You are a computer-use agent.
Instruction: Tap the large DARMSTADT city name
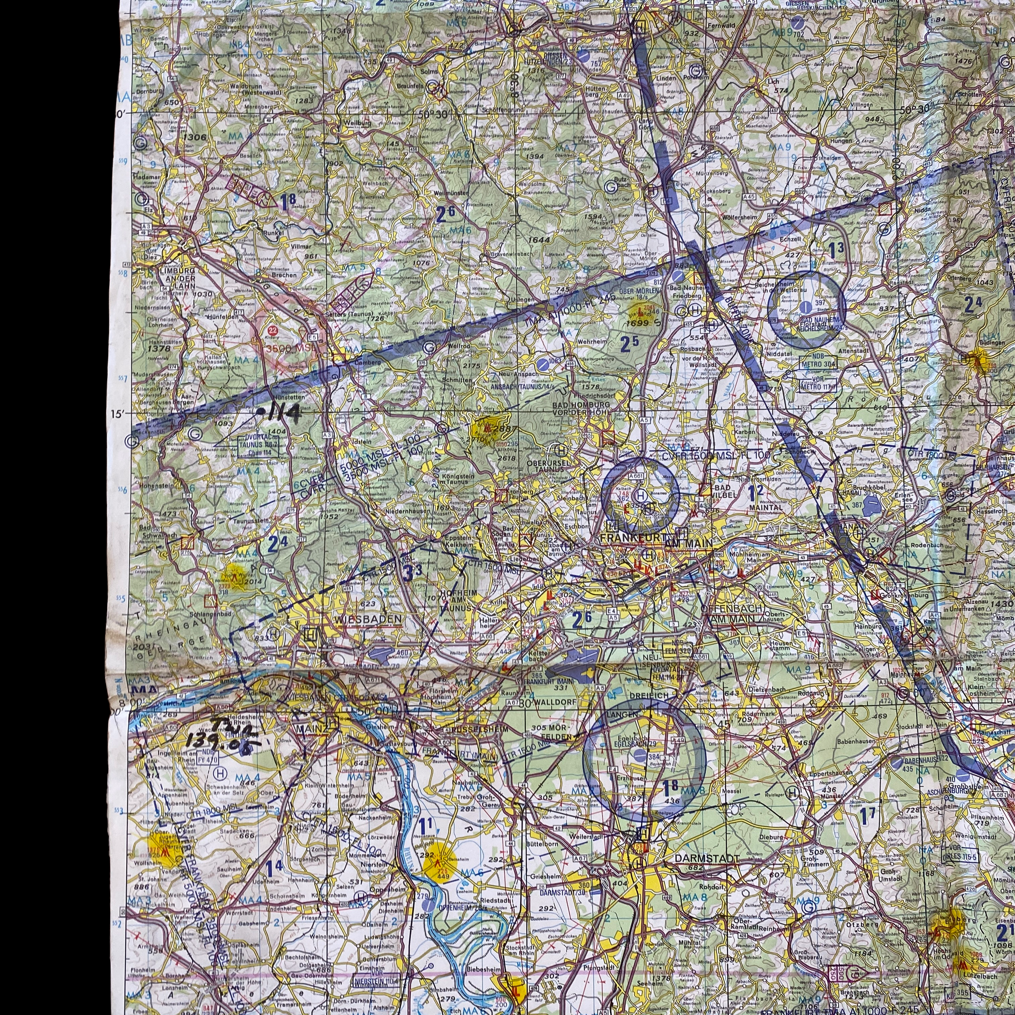point(706,858)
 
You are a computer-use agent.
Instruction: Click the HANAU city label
point(839,525)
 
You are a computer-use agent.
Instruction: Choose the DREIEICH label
point(648,695)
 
